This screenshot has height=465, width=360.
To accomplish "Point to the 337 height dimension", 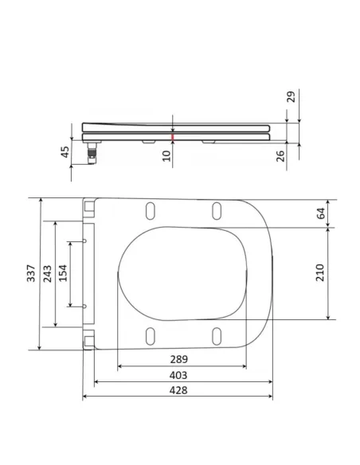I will (x=29, y=273).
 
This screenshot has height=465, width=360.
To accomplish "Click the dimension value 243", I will (x=47, y=273).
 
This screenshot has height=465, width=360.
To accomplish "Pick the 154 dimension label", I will (x=64, y=273).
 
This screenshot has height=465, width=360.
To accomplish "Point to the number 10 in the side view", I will (x=167, y=154).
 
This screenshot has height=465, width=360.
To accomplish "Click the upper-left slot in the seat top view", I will (x=149, y=210).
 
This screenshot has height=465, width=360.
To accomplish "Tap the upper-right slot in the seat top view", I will (x=216, y=210).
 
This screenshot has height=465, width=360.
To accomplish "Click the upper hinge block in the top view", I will (x=88, y=207).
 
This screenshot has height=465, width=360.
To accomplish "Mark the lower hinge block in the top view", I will (x=88, y=340).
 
